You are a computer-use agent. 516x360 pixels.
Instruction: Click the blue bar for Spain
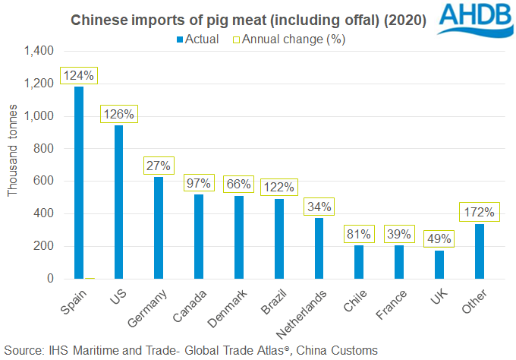pyautogui.click(x=79, y=182)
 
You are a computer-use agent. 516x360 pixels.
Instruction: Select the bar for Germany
pyautogui.click(x=159, y=228)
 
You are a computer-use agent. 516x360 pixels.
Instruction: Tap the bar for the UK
pyautogui.click(x=439, y=264)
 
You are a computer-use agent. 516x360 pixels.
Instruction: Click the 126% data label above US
pyautogui.click(x=118, y=115)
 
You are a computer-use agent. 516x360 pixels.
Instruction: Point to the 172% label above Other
pyautogui.click(x=480, y=212)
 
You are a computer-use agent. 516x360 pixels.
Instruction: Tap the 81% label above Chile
pyautogui.click(x=359, y=234)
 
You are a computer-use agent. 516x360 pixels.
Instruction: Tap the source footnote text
pyautogui.click(x=190, y=350)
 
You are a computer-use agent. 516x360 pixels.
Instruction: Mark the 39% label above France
pyautogui.click(x=399, y=234)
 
